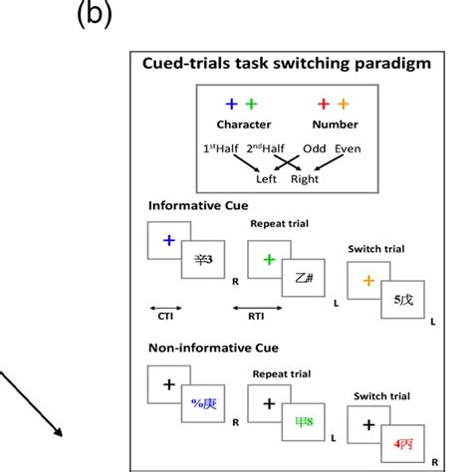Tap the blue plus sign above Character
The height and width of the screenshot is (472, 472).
click(232, 104)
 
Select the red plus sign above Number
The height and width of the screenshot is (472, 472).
click(324, 104)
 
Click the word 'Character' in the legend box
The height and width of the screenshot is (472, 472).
click(242, 124)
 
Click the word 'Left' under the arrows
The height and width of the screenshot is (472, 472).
click(265, 180)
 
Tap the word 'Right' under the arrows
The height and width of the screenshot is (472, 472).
click(305, 180)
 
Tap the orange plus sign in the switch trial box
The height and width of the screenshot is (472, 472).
click(367, 281)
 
